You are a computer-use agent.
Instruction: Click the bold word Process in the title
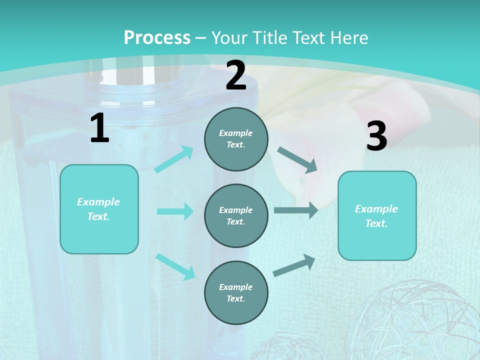click(x=157, y=37)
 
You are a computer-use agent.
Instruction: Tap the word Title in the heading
click(x=271, y=37)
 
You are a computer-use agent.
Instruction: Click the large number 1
click(x=99, y=128)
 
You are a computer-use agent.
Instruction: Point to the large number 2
click(x=236, y=75)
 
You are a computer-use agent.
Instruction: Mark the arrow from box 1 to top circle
click(x=174, y=159)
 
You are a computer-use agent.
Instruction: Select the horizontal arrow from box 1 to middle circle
click(x=175, y=211)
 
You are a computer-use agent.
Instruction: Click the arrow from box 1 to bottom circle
click(x=175, y=266)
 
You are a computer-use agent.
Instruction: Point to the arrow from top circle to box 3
click(x=297, y=160)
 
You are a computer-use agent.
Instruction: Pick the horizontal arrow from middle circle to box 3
click(x=295, y=210)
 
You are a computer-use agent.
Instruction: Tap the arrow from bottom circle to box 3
click(x=294, y=265)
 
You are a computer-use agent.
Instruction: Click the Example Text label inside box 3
click(x=376, y=216)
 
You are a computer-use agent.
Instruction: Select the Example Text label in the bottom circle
click(x=235, y=292)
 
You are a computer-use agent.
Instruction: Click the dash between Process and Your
click(x=200, y=37)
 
